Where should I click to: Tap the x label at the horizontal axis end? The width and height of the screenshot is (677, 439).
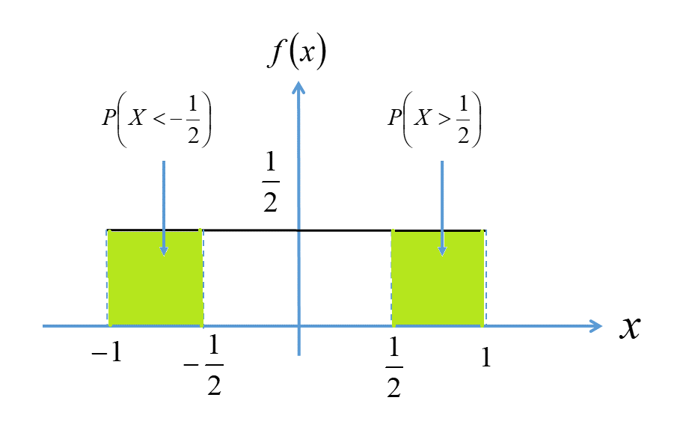click(x=630, y=328)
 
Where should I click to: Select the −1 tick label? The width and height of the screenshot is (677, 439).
click(x=107, y=353)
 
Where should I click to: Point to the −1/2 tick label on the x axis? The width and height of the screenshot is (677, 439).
click(x=203, y=366)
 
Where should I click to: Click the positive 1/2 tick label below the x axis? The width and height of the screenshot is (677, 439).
click(x=393, y=367)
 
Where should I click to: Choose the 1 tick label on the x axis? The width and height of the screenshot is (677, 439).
click(x=486, y=357)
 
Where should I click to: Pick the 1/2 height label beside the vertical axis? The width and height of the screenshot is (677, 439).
click(x=270, y=182)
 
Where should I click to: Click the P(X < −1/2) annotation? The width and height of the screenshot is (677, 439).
click(x=157, y=119)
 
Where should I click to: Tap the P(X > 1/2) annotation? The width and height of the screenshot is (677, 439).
click(x=435, y=119)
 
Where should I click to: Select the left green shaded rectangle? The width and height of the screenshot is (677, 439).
click(x=156, y=278)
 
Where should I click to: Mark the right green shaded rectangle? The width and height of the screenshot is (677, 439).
click(x=438, y=278)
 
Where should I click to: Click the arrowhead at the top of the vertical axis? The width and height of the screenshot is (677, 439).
click(x=298, y=88)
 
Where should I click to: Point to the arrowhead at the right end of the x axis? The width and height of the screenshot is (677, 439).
click(x=595, y=326)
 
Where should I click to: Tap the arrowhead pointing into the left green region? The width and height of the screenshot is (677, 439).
click(x=164, y=251)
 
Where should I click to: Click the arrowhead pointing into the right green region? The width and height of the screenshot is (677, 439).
click(x=442, y=251)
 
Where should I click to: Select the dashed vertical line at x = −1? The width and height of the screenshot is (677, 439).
click(x=107, y=278)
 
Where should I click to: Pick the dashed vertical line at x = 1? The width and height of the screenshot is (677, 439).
click(x=485, y=278)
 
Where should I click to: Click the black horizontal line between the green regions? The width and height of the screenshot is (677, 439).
click(x=298, y=230)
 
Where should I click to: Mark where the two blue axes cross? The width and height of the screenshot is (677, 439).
click(x=298, y=326)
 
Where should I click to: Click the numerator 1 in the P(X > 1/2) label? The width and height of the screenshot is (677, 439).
click(x=463, y=104)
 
